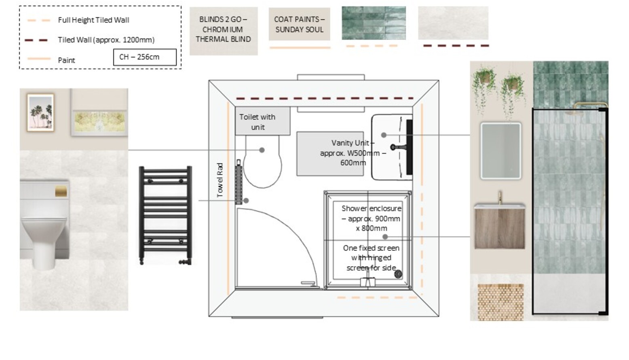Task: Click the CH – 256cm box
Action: [x=145, y=57]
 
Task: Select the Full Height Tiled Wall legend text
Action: [x=93, y=20]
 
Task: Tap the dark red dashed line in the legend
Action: [x=36, y=40]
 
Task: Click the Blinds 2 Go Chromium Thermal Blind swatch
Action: [x=223, y=31]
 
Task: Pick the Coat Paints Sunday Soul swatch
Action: [x=299, y=24]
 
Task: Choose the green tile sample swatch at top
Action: [x=374, y=23]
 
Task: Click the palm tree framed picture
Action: [x=40, y=112]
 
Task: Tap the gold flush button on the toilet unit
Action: [x=61, y=191]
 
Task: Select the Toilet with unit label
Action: [x=258, y=122]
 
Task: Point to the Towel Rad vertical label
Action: [x=220, y=180]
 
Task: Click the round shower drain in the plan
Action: [x=398, y=274]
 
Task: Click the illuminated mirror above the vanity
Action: [x=500, y=151]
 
